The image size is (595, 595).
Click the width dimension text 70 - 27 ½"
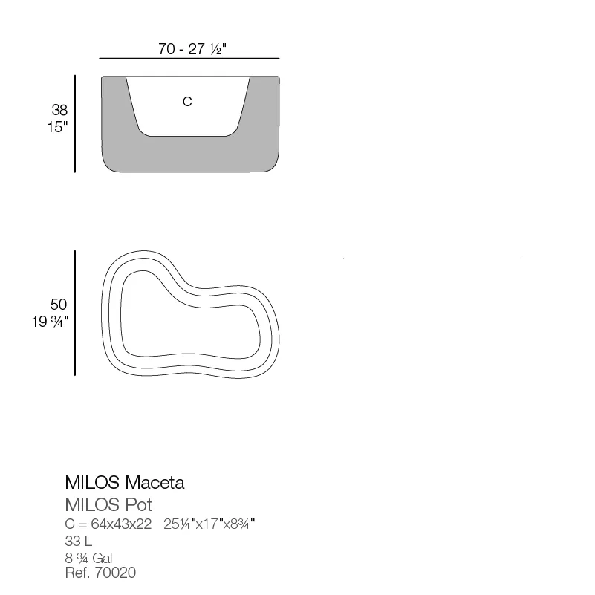tap(192, 49)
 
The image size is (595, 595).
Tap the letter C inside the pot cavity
tap(187, 101)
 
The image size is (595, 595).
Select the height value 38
tap(59, 110)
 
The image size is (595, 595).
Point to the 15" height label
tap(57, 127)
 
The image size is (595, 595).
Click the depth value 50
tap(59, 305)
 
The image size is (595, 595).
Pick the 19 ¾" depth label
tap(50, 322)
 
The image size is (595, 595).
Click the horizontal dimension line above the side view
tap(189, 59)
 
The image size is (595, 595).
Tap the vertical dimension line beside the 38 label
tap(75, 124)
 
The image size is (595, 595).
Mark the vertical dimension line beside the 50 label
tap(75, 313)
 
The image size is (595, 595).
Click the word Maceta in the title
tap(155, 483)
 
